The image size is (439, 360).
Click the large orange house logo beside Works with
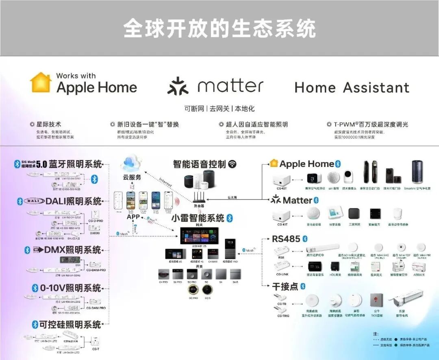[41, 82]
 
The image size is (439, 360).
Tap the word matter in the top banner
[230, 86]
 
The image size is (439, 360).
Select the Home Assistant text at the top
[352, 87]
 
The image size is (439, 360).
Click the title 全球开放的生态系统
[219, 28]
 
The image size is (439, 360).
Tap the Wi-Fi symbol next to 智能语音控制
[232, 164]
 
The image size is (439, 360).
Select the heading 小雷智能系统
[198, 218]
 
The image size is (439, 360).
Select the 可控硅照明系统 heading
[70, 324]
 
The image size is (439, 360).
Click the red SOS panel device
[375, 300]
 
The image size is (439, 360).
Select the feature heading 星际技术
[48, 124]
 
